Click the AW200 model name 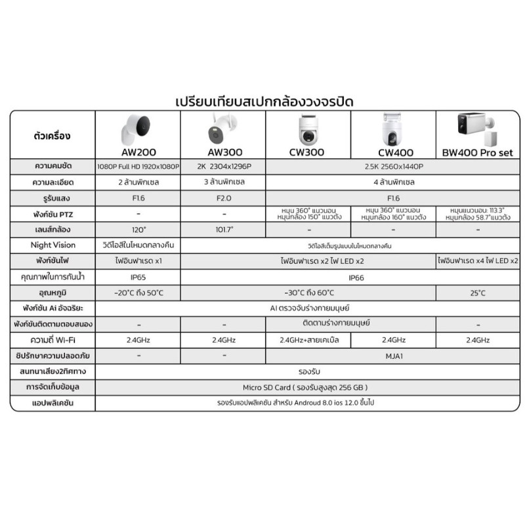pyautogui.click(x=138, y=152)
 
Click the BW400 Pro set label pyautogui.click(x=478, y=152)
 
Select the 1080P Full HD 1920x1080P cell pyautogui.click(x=138, y=167)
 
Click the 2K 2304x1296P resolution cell pyautogui.click(x=223, y=167)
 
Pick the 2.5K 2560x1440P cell pyautogui.click(x=392, y=167)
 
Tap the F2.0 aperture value pyautogui.click(x=223, y=198)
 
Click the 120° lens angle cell pyautogui.click(x=138, y=230)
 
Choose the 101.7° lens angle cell pyautogui.click(x=223, y=230)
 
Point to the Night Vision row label pyautogui.click(x=53, y=245)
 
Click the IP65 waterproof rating pyautogui.click(x=138, y=277)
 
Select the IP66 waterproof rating pyautogui.click(x=350, y=277)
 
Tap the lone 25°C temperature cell pyautogui.click(x=478, y=292)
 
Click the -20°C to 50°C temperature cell pyautogui.click(x=138, y=292)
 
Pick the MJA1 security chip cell pyautogui.click(x=392, y=356)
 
